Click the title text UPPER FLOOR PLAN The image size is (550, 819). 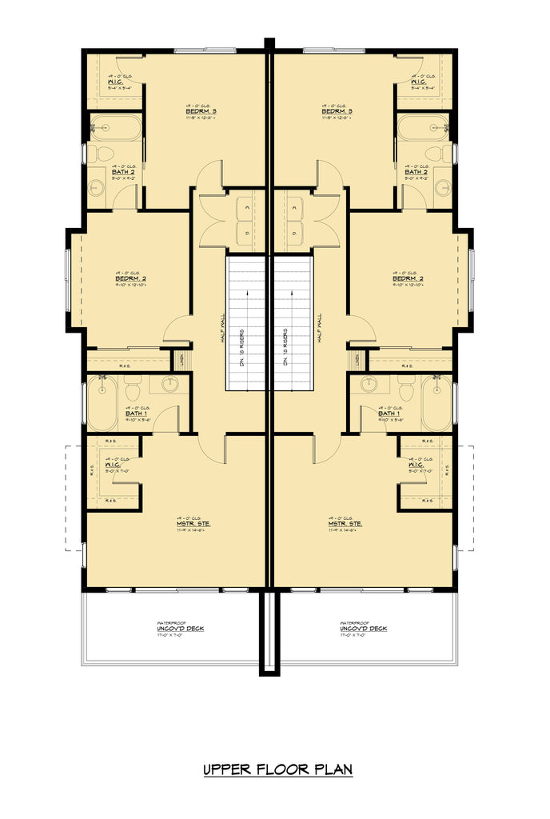(x=277, y=769)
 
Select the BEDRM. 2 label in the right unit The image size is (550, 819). (x=409, y=278)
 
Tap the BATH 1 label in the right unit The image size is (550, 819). (x=389, y=413)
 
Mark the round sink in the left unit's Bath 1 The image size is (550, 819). (x=171, y=384)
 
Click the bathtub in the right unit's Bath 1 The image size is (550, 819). (x=436, y=404)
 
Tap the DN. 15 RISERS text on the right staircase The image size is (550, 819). (x=285, y=347)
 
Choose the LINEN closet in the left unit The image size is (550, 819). (x=181, y=360)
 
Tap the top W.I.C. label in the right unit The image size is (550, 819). (x=417, y=83)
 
